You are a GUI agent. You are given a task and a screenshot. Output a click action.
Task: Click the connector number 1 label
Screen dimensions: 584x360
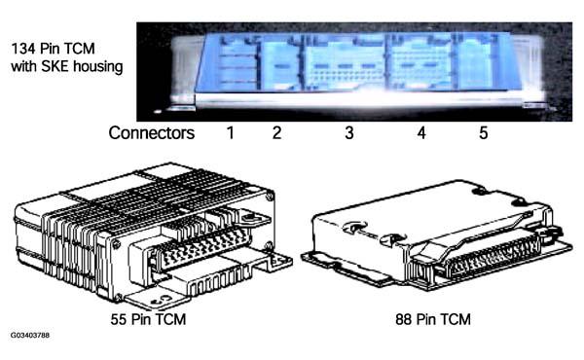(231, 133)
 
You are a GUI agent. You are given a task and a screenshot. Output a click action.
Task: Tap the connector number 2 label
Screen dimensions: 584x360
(276, 133)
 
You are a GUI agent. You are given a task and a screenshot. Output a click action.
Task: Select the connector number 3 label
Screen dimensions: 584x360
(349, 133)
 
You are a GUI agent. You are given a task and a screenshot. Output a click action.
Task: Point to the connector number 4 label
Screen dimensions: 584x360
(421, 133)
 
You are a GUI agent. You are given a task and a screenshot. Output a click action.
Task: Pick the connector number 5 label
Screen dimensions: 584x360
(483, 133)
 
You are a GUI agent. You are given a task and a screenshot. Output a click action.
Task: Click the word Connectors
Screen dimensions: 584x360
(152, 133)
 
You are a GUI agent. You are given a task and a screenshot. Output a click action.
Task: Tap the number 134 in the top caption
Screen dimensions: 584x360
(23, 49)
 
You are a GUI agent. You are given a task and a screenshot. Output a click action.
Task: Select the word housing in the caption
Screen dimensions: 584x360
(98, 67)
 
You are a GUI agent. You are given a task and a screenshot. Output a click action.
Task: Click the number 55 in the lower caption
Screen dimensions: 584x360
(119, 319)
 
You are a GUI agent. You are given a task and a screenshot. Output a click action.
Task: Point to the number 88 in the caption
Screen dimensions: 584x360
(404, 319)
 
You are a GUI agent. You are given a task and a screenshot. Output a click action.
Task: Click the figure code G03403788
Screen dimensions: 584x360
(30, 335)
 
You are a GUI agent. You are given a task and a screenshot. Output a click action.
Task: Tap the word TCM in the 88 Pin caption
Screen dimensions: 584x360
(456, 319)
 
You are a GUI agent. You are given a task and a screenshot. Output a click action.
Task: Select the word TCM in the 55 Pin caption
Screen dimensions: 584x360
(170, 319)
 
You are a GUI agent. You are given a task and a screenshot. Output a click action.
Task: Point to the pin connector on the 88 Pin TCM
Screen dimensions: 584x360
(493, 257)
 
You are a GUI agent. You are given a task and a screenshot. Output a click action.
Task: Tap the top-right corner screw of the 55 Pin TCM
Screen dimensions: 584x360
(270, 196)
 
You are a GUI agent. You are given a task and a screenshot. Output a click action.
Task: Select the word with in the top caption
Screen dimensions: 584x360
(24, 66)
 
